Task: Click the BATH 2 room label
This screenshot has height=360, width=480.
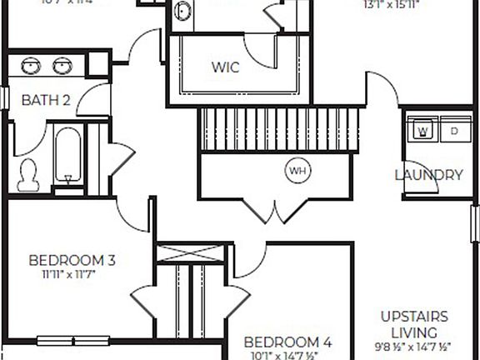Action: (x=45, y=100)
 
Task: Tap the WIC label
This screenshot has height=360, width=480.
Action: (x=225, y=67)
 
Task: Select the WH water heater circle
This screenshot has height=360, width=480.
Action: (x=297, y=171)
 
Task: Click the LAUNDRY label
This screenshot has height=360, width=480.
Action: (x=428, y=175)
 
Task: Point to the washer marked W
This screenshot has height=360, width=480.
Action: (x=422, y=131)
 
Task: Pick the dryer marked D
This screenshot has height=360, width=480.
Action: (x=454, y=131)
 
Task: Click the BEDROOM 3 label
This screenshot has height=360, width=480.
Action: (x=72, y=259)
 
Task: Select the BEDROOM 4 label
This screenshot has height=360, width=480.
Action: (x=287, y=342)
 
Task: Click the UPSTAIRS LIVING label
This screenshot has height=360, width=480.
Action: (x=414, y=324)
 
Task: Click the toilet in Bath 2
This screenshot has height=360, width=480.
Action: (x=28, y=172)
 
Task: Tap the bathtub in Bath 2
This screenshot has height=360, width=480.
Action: (x=68, y=157)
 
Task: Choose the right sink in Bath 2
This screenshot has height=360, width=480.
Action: (x=63, y=65)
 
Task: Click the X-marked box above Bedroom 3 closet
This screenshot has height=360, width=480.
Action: (x=190, y=255)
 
